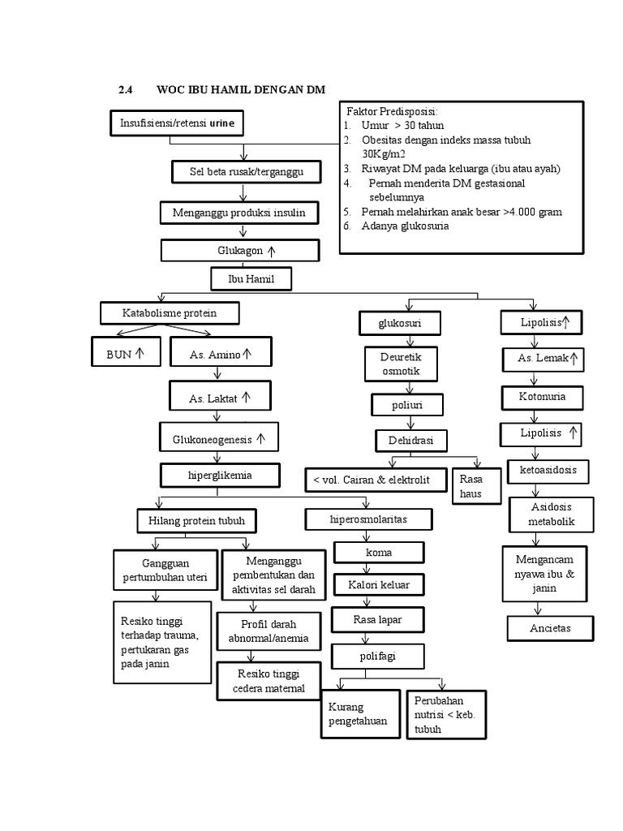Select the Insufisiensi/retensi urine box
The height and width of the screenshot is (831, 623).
point(176,123)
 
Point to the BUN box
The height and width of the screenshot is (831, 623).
point(125,354)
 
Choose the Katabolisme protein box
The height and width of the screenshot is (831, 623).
point(170,312)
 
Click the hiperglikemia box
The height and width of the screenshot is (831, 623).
point(220,474)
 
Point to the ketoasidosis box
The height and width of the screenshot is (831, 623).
point(548,471)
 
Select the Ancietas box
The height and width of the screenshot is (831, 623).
point(550,628)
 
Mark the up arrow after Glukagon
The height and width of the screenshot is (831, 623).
point(272,251)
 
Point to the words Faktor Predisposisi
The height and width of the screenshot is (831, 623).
point(392,111)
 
